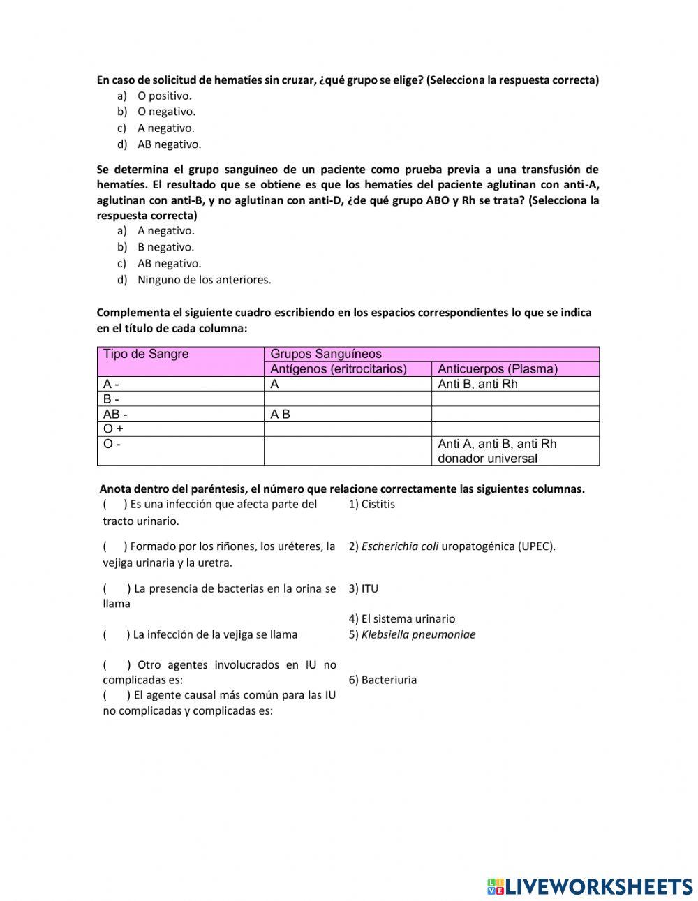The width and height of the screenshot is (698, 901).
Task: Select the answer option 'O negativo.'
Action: [x=165, y=112]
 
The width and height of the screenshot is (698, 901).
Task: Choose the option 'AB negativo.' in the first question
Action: [x=168, y=144]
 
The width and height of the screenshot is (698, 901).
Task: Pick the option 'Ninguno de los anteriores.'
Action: [x=204, y=280]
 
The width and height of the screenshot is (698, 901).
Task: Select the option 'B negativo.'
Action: [x=165, y=247]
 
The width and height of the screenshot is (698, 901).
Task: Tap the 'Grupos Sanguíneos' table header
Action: [x=326, y=354]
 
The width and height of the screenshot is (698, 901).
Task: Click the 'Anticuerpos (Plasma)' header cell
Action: [x=498, y=369]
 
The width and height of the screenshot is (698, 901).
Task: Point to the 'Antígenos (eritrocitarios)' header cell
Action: [x=339, y=369]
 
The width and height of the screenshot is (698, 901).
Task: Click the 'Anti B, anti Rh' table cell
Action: [x=477, y=384]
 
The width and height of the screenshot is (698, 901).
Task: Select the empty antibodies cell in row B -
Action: [x=515, y=399]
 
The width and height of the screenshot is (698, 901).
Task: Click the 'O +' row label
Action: [x=113, y=429]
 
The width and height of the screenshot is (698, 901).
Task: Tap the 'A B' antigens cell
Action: [x=280, y=414]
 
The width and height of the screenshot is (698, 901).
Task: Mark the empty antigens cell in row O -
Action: [x=348, y=451]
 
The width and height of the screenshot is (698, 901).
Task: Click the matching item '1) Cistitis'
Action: [x=371, y=504]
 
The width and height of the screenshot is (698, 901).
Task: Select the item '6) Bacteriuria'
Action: [x=383, y=680]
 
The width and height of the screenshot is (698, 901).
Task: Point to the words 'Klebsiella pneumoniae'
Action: [x=418, y=634]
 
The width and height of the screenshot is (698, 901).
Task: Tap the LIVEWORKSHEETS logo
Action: [x=589, y=886]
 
